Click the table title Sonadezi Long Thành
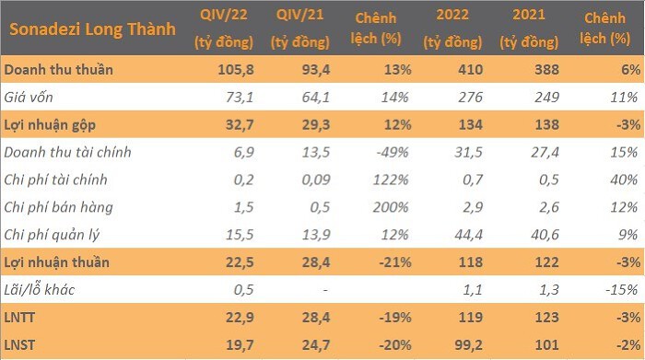click(92, 29)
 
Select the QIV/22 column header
click(224, 15)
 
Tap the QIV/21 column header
click(299, 15)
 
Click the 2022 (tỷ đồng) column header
click(452, 29)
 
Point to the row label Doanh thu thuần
click(58, 69)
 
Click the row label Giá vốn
click(29, 97)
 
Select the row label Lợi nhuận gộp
click(50, 125)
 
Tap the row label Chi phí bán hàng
click(58, 207)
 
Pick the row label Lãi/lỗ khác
click(40, 290)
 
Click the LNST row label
click(19, 344)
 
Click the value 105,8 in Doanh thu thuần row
click(236, 69)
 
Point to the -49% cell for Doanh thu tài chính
click(393, 152)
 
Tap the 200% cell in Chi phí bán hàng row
click(391, 207)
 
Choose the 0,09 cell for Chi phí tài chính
click(316, 180)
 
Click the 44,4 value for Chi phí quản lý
click(468, 235)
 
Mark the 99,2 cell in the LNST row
click(468, 344)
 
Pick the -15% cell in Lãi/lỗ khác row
click(622, 290)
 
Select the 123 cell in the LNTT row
click(547, 318)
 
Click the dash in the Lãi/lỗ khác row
click(325, 290)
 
